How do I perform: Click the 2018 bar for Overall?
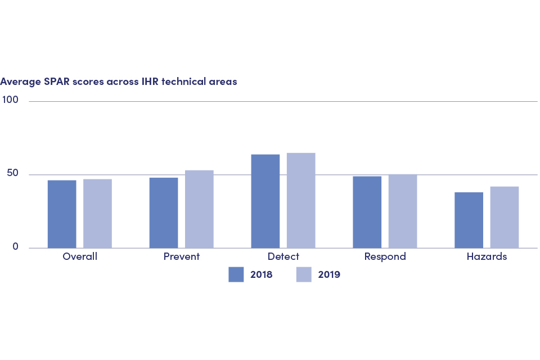click(x=62, y=214)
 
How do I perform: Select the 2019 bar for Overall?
click(x=97, y=213)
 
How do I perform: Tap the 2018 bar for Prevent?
click(x=164, y=213)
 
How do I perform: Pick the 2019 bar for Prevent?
click(x=199, y=209)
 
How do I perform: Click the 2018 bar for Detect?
click(x=265, y=201)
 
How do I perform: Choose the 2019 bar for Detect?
click(x=301, y=200)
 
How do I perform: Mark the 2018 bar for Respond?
click(x=367, y=212)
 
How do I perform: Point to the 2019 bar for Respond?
click(x=403, y=211)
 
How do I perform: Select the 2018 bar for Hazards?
click(x=469, y=220)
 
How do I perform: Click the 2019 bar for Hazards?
click(x=505, y=217)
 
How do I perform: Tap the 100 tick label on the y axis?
click(x=10, y=100)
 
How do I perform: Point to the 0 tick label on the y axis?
click(x=15, y=247)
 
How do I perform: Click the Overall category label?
click(x=80, y=257)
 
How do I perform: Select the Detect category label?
click(x=283, y=257)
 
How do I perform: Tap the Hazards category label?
click(x=487, y=257)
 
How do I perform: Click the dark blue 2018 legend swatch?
click(x=236, y=274)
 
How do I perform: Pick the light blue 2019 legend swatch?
click(x=303, y=274)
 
